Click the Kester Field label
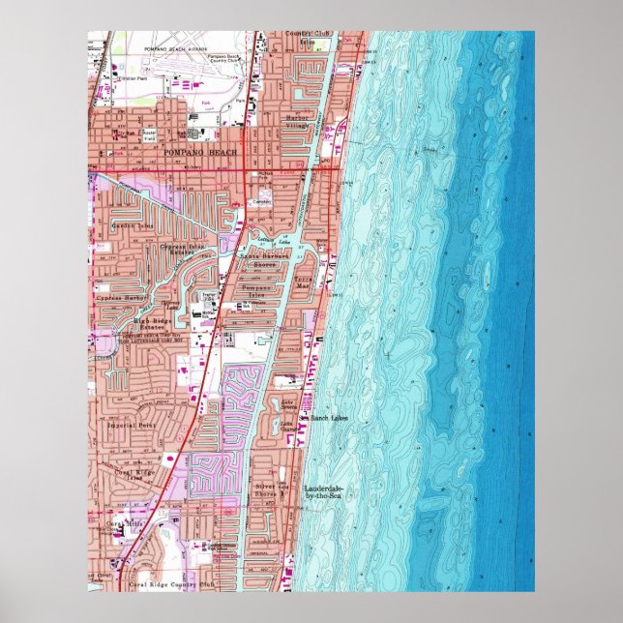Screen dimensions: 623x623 [x=149, y=134]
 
